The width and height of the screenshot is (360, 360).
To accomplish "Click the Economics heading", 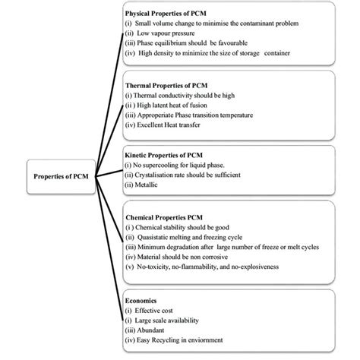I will point(144,301).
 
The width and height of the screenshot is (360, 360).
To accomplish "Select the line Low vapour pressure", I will point(160,34).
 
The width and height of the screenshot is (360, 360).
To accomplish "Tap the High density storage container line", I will point(205,54).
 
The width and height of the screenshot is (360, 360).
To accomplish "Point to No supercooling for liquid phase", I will point(183,165).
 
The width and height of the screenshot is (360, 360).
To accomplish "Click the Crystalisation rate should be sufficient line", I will point(190,175).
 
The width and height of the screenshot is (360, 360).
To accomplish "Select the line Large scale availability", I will point(166,321).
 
